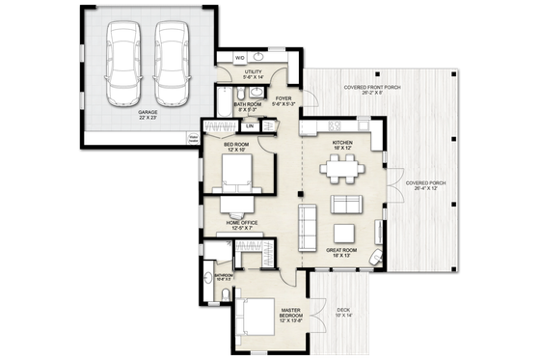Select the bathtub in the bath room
pyautogui.click(x=253, y=96)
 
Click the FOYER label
pyautogui.click(x=285, y=97)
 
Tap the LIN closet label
pyautogui.click(x=250, y=126)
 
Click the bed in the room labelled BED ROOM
pyautogui.click(x=237, y=175)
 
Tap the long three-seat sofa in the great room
pyautogui.click(x=308, y=223)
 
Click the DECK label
pyautogui.click(x=345, y=310)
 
